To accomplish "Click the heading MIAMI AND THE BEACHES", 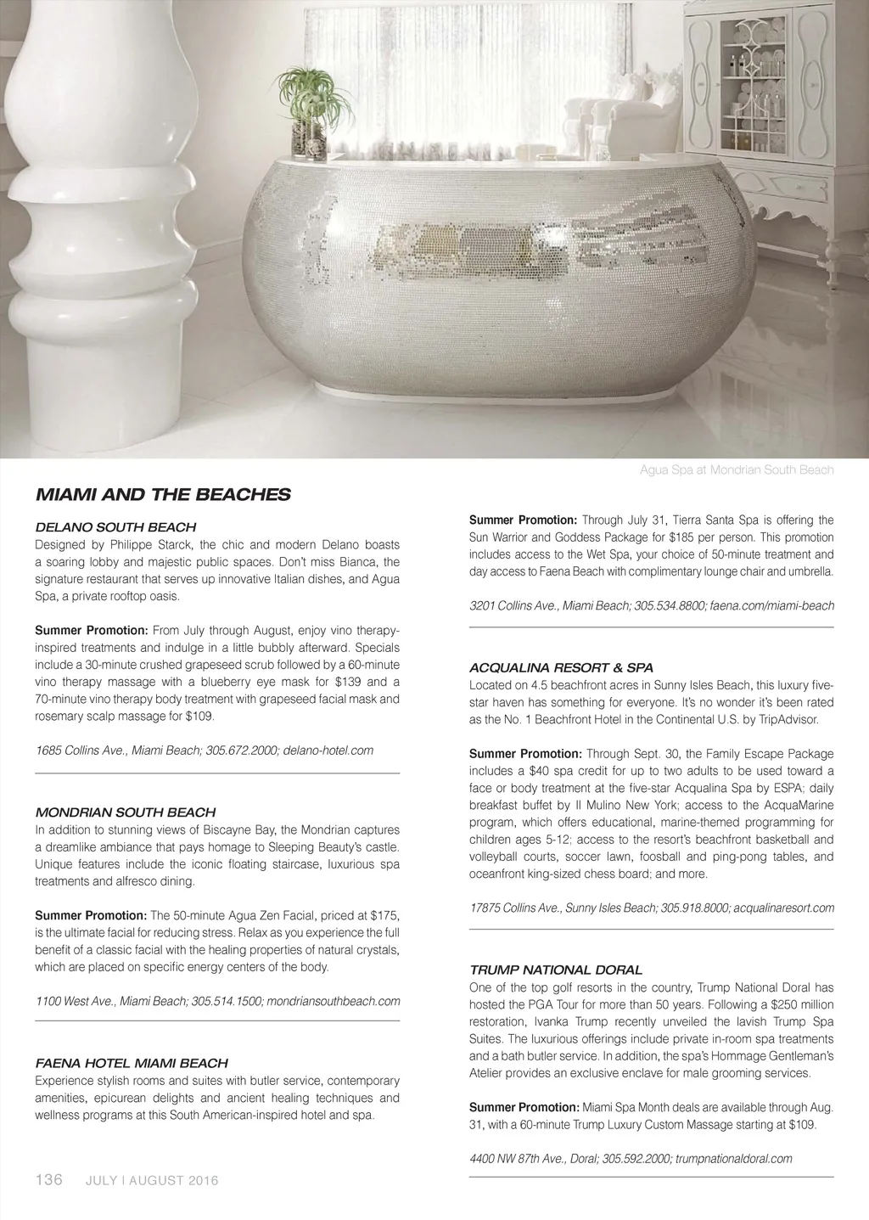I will point(162,494).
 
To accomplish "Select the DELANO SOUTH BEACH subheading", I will point(115,527).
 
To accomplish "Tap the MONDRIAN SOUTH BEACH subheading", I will point(125,812).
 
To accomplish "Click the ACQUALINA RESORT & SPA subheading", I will point(561,668).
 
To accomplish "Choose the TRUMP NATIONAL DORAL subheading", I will point(555,970).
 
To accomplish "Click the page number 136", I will point(48,1179).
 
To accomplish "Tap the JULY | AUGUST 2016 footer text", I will point(152,1181).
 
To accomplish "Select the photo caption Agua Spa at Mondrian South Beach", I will point(737,470).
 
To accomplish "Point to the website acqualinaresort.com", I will point(783,908).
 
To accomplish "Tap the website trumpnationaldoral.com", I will point(734,1159).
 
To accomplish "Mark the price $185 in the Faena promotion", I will point(686,537).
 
